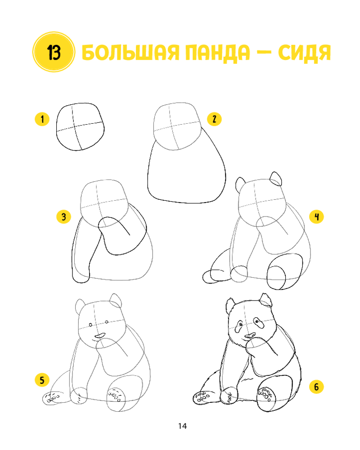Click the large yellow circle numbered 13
point(54,52)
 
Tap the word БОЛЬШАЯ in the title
point(130,53)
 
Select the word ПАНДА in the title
point(218,53)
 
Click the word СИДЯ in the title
point(304,53)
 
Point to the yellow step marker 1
point(42,119)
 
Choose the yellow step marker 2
point(214,118)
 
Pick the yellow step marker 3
point(64,217)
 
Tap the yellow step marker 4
point(316,216)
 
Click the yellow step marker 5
point(42,380)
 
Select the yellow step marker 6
point(316,386)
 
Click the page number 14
point(182,426)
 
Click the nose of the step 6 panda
point(250,335)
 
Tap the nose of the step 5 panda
point(100,335)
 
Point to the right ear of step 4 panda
point(276,179)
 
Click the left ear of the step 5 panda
point(80,306)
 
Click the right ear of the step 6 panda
point(266,300)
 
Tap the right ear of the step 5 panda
point(116,300)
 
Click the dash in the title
point(264,53)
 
